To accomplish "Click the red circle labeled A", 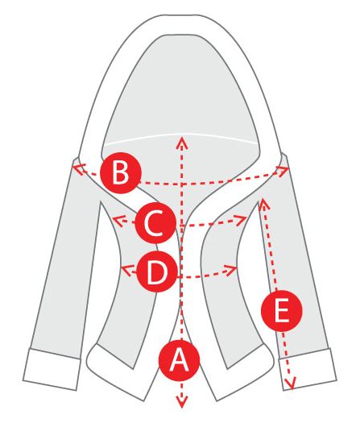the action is pyautogui.click(x=179, y=360).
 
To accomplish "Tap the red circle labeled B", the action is pyautogui.click(x=121, y=173).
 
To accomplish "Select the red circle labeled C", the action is pyautogui.click(x=155, y=222).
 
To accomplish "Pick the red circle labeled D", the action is pyautogui.click(x=157, y=272).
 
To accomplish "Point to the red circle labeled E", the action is pyautogui.click(x=282, y=311).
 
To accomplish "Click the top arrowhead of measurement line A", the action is pyautogui.click(x=181, y=142).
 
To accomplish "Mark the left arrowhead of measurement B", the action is pyautogui.click(x=77, y=169).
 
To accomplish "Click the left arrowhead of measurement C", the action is pyautogui.click(x=117, y=219).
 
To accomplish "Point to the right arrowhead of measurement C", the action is pyautogui.click(x=242, y=219).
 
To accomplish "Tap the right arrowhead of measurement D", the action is pyautogui.click(x=233, y=270).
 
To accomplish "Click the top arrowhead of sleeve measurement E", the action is pyautogui.click(x=263, y=203).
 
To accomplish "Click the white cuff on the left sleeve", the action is pyautogui.click(x=52, y=369).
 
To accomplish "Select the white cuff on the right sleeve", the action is pyautogui.click(x=307, y=369).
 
